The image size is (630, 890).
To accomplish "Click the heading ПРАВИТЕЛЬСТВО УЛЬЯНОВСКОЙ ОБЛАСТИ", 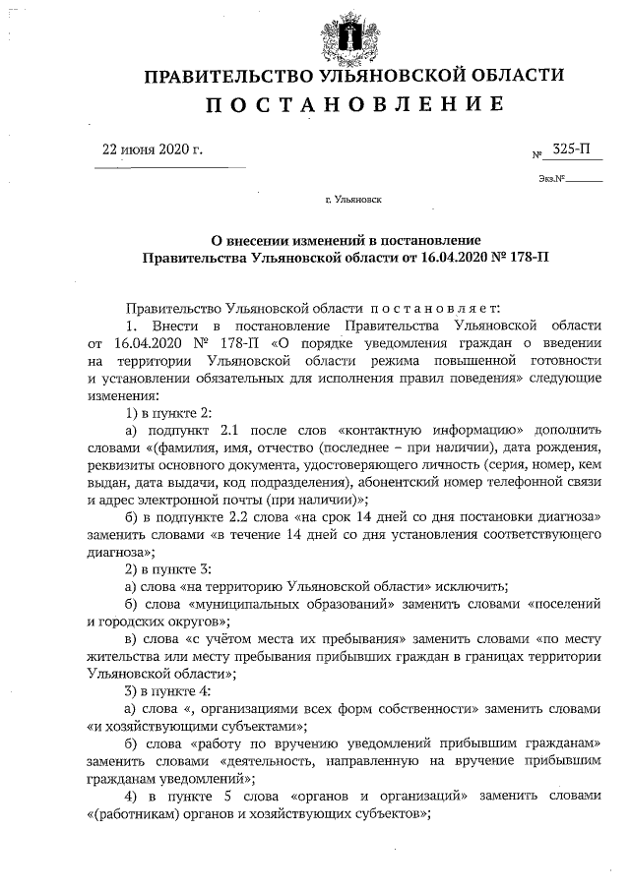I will tap(355, 77).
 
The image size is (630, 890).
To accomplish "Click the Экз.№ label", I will tap(551, 179).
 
